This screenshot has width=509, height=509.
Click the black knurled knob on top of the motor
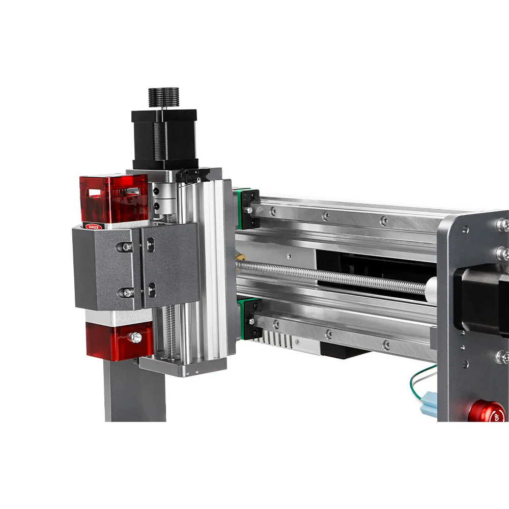click(x=163, y=97)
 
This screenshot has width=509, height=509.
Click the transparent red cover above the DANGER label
click(x=113, y=198)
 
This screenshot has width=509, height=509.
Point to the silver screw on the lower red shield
click(x=135, y=336)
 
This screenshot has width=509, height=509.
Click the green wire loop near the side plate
click(x=420, y=384)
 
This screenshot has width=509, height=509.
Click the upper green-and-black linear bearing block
click(x=248, y=208)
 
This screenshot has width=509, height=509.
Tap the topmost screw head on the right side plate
click(x=501, y=223)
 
